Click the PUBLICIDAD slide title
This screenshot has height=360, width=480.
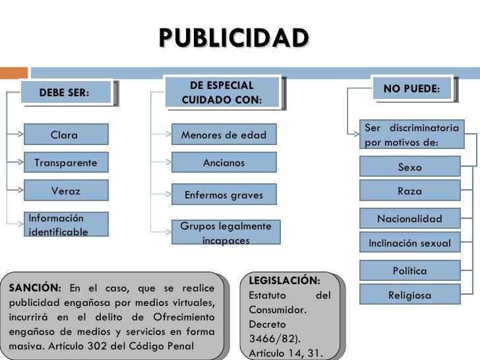pyautogui.click(x=233, y=38)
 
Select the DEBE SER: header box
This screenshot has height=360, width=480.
pyautogui.click(x=65, y=92)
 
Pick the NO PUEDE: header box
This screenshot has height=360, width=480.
pyautogui.click(x=411, y=89)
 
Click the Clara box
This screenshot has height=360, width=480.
pyautogui.click(x=65, y=135)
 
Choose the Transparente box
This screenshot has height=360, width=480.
pyautogui.click(x=65, y=163)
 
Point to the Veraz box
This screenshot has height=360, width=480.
pyautogui.click(x=65, y=191)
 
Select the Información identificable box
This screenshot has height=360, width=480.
pyautogui.click(x=65, y=224)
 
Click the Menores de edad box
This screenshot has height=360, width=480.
pyautogui.click(x=224, y=135)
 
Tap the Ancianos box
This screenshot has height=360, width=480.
pyautogui.click(x=224, y=163)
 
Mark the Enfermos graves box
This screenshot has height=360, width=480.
pyautogui.click(x=224, y=195)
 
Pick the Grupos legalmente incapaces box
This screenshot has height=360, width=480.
pyautogui.click(x=225, y=233)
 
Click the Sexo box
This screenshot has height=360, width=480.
pyautogui.click(x=409, y=167)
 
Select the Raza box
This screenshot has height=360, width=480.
pyautogui.click(x=409, y=191)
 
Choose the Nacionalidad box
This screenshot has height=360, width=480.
pyautogui.click(x=409, y=219)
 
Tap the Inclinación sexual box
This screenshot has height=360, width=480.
pyautogui.click(x=409, y=243)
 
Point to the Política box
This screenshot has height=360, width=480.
pyautogui.click(x=409, y=270)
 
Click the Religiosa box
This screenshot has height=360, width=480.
pyautogui.click(x=409, y=295)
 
